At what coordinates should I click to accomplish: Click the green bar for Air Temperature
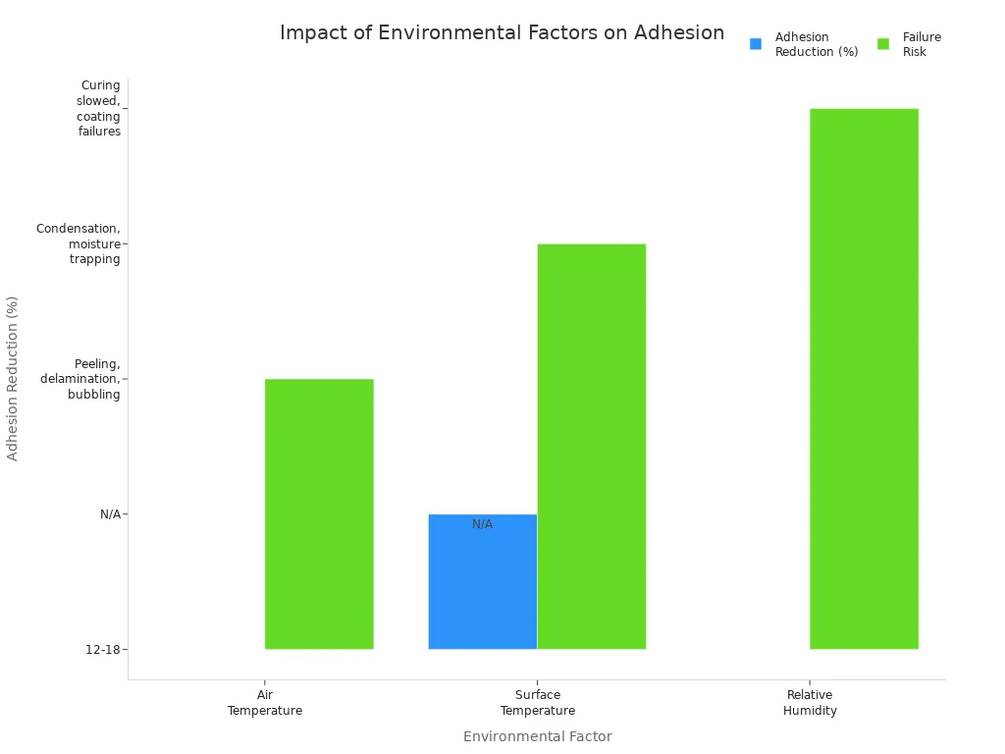click(x=319, y=513)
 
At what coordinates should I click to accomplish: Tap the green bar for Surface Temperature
click(x=592, y=446)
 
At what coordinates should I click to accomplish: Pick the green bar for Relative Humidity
click(x=864, y=378)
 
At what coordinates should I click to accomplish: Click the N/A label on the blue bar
click(x=482, y=524)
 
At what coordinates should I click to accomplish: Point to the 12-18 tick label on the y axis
click(x=104, y=649)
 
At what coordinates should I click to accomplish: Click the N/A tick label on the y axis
click(x=110, y=513)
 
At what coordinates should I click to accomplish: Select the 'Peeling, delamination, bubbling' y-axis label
click(x=80, y=379)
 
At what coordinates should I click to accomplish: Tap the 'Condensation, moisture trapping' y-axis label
click(x=79, y=243)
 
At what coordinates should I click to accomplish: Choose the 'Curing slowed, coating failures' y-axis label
click(x=98, y=108)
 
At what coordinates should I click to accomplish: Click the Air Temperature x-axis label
click(x=265, y=703)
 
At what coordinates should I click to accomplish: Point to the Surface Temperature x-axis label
click(x=537, y=703)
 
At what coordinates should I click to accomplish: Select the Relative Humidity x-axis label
click(x=810, y=703)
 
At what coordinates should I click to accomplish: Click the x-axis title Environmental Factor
click(x=537, y=736)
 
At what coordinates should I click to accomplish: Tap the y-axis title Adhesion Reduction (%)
click(x=13, y=378)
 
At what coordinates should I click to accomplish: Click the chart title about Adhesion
click(x=502, y=32)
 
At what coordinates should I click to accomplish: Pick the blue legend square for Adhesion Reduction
click(x=756, y=44)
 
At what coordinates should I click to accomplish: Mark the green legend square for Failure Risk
click(x=883, y=44)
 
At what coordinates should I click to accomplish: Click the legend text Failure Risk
click(x=922, y=44)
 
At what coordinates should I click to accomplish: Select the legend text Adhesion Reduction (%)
click(x=816, y=44)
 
